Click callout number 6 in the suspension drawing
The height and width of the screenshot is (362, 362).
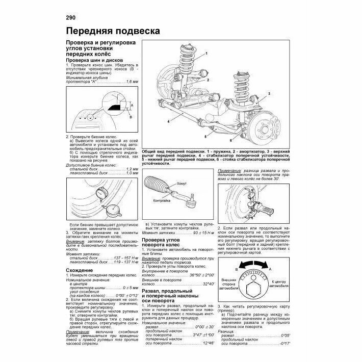[x=231, y=140]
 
